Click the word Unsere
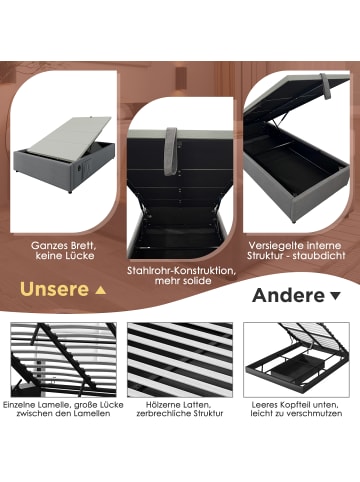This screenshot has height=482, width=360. [x=49, y=291]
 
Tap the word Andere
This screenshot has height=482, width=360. [x=288, y=295]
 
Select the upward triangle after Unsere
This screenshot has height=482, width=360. [x=98, y=291]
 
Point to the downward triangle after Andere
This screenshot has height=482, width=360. [x=334, y=296]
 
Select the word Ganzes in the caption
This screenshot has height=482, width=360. [x=47, y=244]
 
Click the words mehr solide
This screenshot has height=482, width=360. [x=180, y=283]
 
